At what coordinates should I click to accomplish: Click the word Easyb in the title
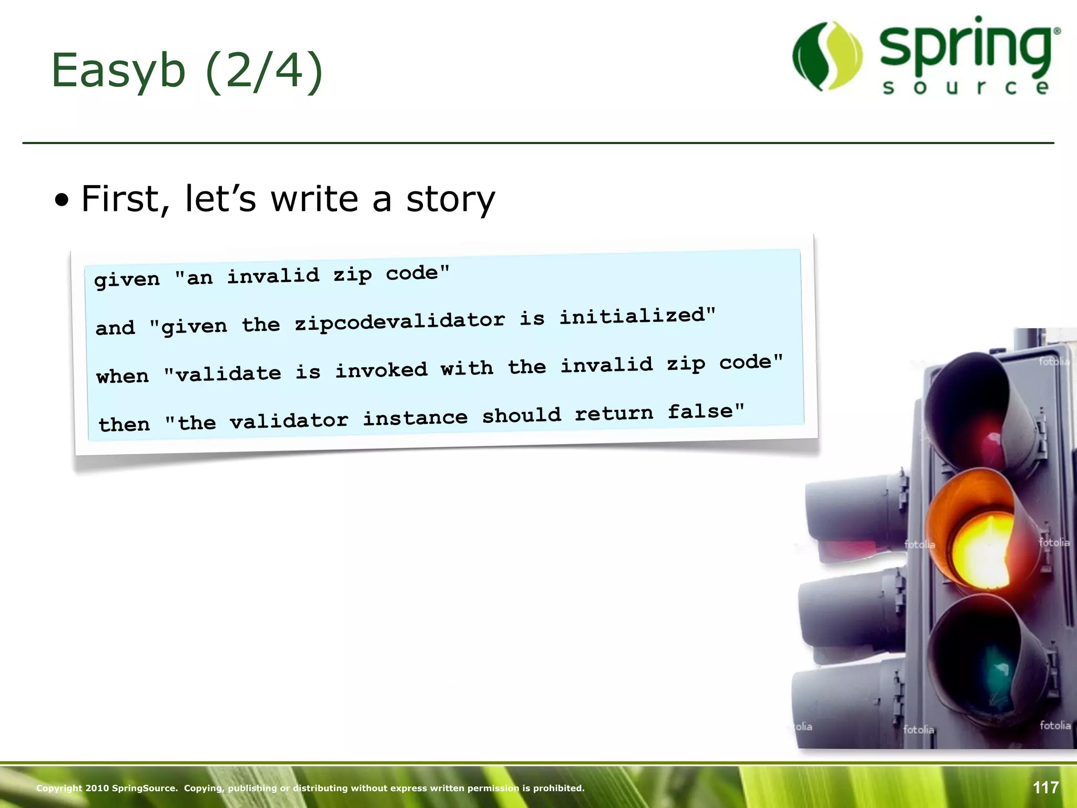118,71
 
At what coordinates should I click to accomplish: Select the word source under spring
966,87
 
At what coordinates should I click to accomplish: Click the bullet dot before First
62,200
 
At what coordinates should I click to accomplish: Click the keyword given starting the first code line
127,279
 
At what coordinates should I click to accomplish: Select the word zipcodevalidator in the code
400,321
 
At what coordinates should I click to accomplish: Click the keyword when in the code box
123,376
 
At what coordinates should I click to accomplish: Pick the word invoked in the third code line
381,370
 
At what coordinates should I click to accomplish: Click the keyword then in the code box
124,424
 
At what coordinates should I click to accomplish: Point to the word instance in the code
415,418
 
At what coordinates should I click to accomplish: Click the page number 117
1045,787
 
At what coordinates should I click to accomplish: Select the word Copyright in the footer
59,788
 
